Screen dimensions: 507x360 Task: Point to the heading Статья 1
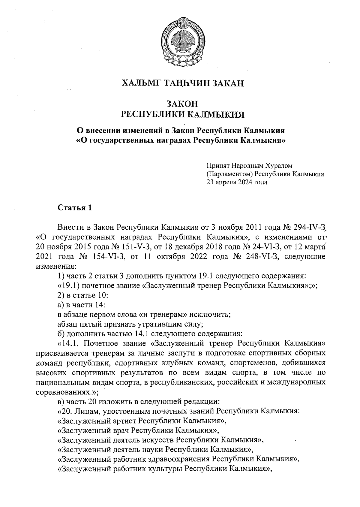click(x=74, y=208)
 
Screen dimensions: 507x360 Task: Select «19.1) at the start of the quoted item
click(x=68, y=285)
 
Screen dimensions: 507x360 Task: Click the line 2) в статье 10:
click(x=82, y=295)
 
